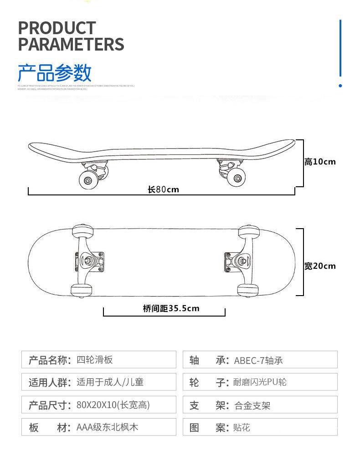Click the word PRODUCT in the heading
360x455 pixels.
tap(57, 28)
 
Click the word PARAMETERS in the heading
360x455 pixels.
tap(71, 45)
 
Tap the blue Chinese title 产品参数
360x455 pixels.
tap(55, 73)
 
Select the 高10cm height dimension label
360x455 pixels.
tap(320, 162)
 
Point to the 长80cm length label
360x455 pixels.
tap(163, 189)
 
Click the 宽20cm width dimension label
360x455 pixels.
tap(320, 266)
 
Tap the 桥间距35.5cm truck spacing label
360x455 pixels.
tap(171, 308)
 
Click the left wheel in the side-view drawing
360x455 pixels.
tap(87, 179)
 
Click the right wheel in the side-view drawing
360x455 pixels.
tap(236, 178)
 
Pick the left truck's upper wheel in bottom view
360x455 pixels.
tap(83, 232)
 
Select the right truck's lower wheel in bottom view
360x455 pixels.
tap(248, 290)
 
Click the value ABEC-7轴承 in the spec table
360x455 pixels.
tap(258, 361)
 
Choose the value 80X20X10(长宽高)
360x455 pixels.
tap(113, 405)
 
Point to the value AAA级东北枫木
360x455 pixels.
tap(107, 427)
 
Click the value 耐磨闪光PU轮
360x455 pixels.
tap(260, 383)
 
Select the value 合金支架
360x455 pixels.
tap(252, 405)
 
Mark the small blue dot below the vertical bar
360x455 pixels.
tap(340, 85)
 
